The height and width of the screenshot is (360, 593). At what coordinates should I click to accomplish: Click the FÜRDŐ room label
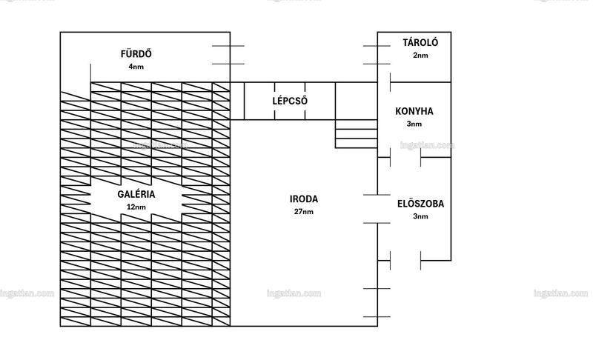pos(136,53)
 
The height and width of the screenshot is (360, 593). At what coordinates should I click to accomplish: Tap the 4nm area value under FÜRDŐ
pos(136,67)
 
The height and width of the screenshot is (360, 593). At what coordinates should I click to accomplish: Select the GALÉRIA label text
pos(136,194)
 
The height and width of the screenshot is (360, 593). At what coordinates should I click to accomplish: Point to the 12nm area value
pos(136,207)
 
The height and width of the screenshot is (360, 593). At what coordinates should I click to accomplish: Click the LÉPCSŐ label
pos(290,101)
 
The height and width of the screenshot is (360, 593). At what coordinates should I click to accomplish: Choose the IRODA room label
pos(304,199)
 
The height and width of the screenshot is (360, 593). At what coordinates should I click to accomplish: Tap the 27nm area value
pos(304,212)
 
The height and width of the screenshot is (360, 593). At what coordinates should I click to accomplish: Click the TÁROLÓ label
pos(420,42)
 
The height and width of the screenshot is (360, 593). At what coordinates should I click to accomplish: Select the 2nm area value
pos(420,56)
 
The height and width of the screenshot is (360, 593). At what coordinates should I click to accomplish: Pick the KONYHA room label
pos(414,111)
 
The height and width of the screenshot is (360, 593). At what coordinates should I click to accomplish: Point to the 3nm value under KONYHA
pos(414,124)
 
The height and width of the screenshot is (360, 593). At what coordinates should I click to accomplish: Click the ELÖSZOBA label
pos(420,204)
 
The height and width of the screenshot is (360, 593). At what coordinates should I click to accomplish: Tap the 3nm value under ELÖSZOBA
pos(420,216)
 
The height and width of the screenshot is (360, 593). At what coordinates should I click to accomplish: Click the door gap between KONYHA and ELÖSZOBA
pos(405,158)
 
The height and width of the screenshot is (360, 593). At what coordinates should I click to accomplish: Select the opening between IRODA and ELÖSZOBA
pos(377,209)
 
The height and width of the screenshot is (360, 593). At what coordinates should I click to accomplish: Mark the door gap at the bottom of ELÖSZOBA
pos(405,260)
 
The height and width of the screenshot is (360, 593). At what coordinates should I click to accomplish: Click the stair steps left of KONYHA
pos(357,134)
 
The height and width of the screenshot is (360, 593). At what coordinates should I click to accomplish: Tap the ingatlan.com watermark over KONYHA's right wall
pos(428,145)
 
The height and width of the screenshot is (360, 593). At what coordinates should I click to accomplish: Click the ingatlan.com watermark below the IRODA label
pos(294,293)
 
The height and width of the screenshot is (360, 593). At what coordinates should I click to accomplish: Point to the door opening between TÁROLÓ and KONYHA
pos(384,82)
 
